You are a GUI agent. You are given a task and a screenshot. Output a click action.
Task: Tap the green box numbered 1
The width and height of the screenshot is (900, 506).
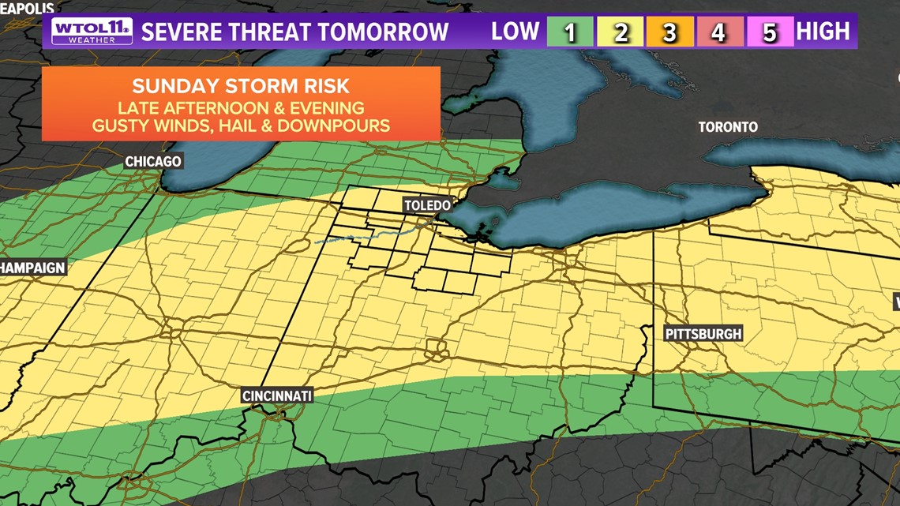[569, 32]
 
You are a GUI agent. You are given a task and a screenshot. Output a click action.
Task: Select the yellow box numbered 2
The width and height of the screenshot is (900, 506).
[620, 32]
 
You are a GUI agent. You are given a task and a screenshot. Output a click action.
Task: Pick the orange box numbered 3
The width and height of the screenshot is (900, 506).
[669, 32]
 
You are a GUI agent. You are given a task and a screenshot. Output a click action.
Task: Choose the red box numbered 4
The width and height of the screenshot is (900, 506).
[718, 32]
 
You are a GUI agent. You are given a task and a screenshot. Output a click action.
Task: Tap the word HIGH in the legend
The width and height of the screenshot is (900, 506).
[823, 32]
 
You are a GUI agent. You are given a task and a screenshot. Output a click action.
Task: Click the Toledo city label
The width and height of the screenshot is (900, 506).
[426, 205]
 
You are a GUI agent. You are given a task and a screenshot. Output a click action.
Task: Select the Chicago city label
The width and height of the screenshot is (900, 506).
[153, 162]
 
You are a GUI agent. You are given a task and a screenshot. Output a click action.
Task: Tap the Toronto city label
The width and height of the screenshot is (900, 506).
[727, 127]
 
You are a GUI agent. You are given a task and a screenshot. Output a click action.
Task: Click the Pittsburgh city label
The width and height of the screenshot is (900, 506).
[703, 334]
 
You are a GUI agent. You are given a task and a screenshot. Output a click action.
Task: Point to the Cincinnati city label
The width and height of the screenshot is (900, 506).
[277, 395]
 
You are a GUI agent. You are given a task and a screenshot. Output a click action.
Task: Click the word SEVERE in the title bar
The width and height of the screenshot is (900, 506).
[181, 32]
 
